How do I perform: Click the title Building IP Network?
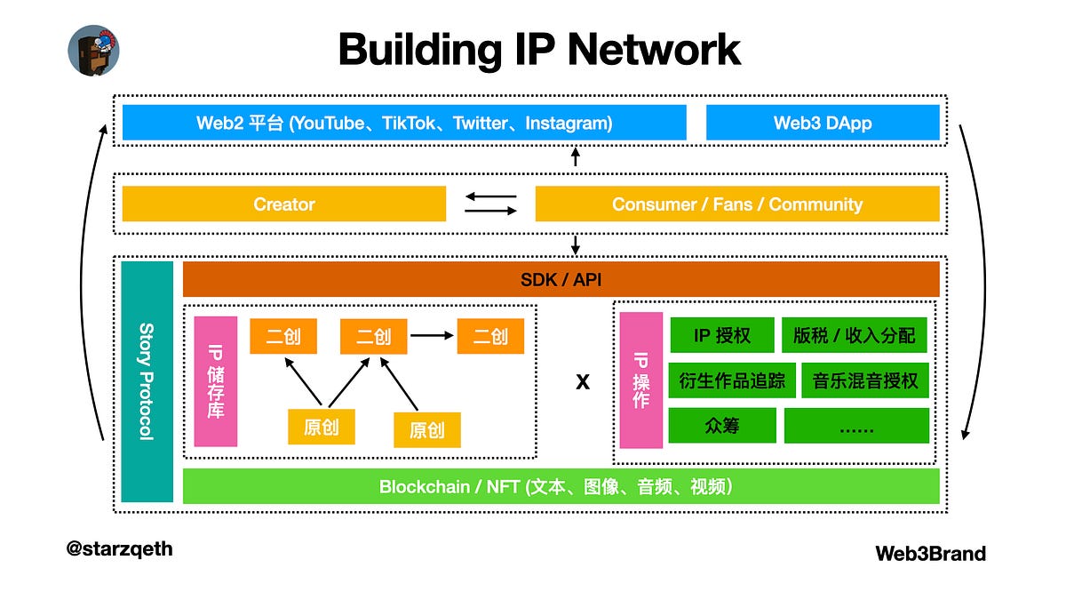coord(539,49)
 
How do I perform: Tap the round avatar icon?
coord(93,50)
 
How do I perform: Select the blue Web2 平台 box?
coord(404,123)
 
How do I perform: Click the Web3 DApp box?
coord(823,123)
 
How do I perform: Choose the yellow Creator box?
coord(283,204)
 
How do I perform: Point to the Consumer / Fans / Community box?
coord(736,204)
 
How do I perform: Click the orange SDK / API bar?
coord(561,279)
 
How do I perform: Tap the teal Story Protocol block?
coord(147,381)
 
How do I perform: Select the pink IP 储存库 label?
coord(216,381)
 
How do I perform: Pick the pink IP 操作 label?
coord(641,380)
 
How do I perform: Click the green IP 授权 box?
coord(721,336)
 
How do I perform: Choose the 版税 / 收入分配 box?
coord(855,336)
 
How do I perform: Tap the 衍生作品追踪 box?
coord(731,380)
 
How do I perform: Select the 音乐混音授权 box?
coord(864,380)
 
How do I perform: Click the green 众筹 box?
coord(721,426)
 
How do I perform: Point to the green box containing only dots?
coord(856,426)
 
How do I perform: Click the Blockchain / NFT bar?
coord(561,486)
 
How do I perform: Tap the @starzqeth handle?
coord(120,548)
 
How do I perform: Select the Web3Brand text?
coord(930,554)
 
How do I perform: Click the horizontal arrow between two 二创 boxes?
coord(432,336)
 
